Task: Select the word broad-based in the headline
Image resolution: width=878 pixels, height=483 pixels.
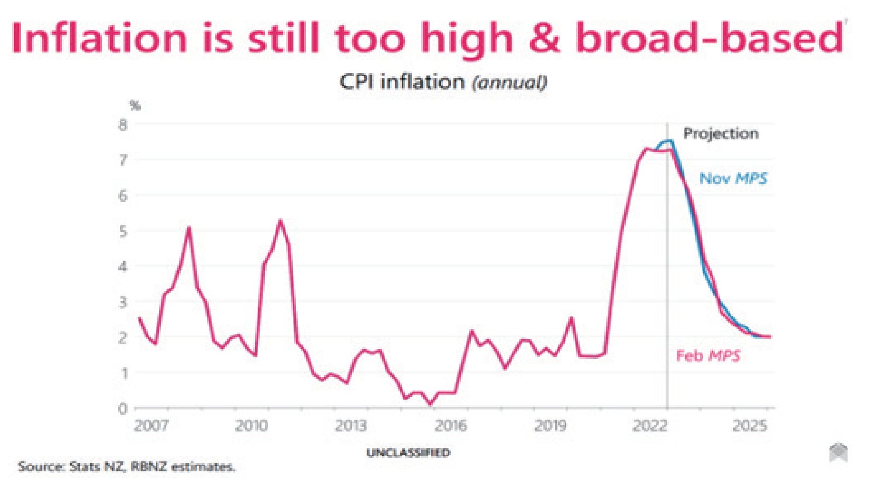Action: [710, 38]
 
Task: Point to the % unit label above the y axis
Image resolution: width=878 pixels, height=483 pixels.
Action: [135, 105]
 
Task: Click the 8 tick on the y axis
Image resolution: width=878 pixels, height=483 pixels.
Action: [123, 125]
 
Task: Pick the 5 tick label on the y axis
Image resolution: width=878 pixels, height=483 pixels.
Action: [123, 231]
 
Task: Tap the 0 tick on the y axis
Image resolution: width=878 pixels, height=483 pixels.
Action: [123, 409]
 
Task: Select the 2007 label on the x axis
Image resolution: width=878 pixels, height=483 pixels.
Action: [151, 425]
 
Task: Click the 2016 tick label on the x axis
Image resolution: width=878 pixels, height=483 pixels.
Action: [451, 425]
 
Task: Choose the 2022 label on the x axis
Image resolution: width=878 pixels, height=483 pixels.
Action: [650, 425]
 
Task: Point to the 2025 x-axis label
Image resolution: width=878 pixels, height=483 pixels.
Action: [750, 425]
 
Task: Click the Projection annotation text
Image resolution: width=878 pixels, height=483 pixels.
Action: [721, 134]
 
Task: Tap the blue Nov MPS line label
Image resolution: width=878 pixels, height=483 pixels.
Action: [734, 179]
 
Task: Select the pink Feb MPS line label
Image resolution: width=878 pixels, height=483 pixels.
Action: [708, 356]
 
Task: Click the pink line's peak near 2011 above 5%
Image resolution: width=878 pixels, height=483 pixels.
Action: [280, 221]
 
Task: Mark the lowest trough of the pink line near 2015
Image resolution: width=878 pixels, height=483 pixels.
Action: [431, 403]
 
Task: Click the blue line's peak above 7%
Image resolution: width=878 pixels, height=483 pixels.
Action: [669, 141]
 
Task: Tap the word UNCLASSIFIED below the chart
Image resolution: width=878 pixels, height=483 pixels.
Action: [408, 453]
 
